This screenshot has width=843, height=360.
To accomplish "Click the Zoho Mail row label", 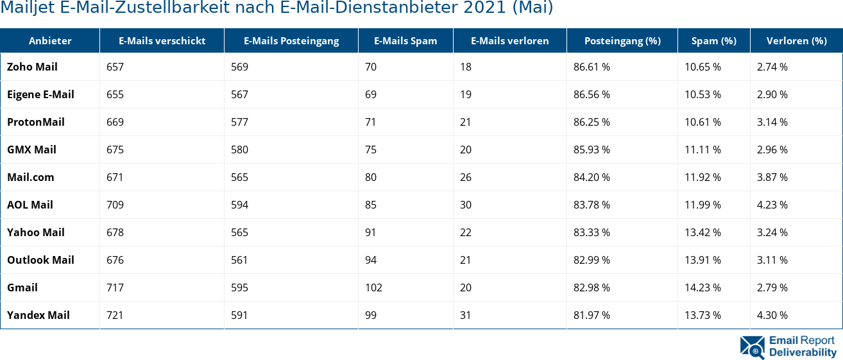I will click(x=32, y=67).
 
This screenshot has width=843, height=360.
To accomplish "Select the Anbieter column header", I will click(x=50, y=40).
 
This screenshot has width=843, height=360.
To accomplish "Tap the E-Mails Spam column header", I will click(x=405, y=40).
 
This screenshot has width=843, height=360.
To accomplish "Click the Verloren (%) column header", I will click(x=796, y=40).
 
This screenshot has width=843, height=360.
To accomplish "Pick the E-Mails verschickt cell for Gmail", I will click(x=115, y=287).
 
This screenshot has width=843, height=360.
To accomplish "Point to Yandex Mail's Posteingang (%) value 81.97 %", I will click(x=592, y=315).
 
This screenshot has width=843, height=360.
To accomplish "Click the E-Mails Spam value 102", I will click(x=373, y=287).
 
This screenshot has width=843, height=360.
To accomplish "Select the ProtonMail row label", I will click(x=36, y=122).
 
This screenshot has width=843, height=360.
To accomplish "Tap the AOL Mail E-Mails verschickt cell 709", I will click(x=115, y=205).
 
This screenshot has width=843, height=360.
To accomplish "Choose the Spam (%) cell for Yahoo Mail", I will click(x=702, y=232).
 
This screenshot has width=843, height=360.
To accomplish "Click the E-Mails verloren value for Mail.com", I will click(x=466, y=177).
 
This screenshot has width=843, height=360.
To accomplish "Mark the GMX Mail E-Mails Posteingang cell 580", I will click(x=239, y=150).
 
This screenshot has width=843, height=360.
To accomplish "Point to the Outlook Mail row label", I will click(x=40, y=260).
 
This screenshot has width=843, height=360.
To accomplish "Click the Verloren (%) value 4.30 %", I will click(x=772, y=315).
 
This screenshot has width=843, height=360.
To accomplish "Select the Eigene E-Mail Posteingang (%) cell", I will click(x=592, y=94).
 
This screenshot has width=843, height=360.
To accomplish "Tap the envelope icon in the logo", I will click(x=752, y=347).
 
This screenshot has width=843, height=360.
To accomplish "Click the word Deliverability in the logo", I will click(x=803, y=352).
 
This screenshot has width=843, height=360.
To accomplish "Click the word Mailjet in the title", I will click(x=22, y=8).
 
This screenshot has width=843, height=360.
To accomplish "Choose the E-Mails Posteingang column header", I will click(x=291, y=40).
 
